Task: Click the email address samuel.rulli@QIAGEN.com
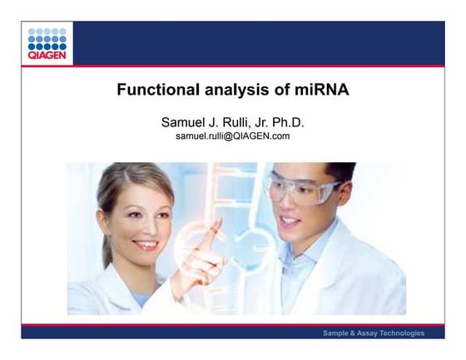pyautogui.click(x=232, y=136)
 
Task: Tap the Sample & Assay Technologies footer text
pyautogui.click(x=374, y=333)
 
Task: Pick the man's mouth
pyautogui.click(x=290, y=222)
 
